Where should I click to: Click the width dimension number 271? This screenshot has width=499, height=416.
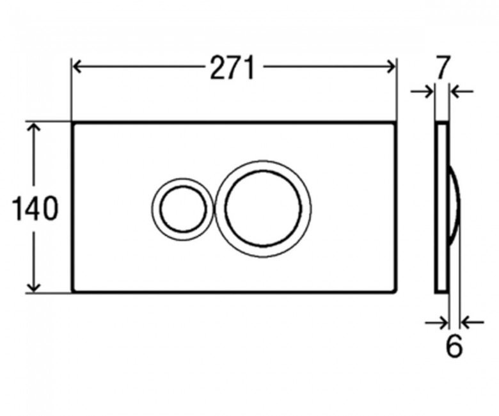(232, 67)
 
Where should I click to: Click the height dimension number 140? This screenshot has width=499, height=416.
(35, 209)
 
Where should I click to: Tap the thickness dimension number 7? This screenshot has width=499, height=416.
(442, 67)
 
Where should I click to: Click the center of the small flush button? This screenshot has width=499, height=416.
(183, 209)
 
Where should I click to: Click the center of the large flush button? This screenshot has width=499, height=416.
(263, 209)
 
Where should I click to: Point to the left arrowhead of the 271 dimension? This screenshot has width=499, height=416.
(77, 67)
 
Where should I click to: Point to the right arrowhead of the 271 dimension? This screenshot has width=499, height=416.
(391, 67)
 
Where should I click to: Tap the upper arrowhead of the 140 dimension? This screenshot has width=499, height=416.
(34, 127)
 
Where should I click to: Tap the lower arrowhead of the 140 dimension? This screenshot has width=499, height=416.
(34, 287)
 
